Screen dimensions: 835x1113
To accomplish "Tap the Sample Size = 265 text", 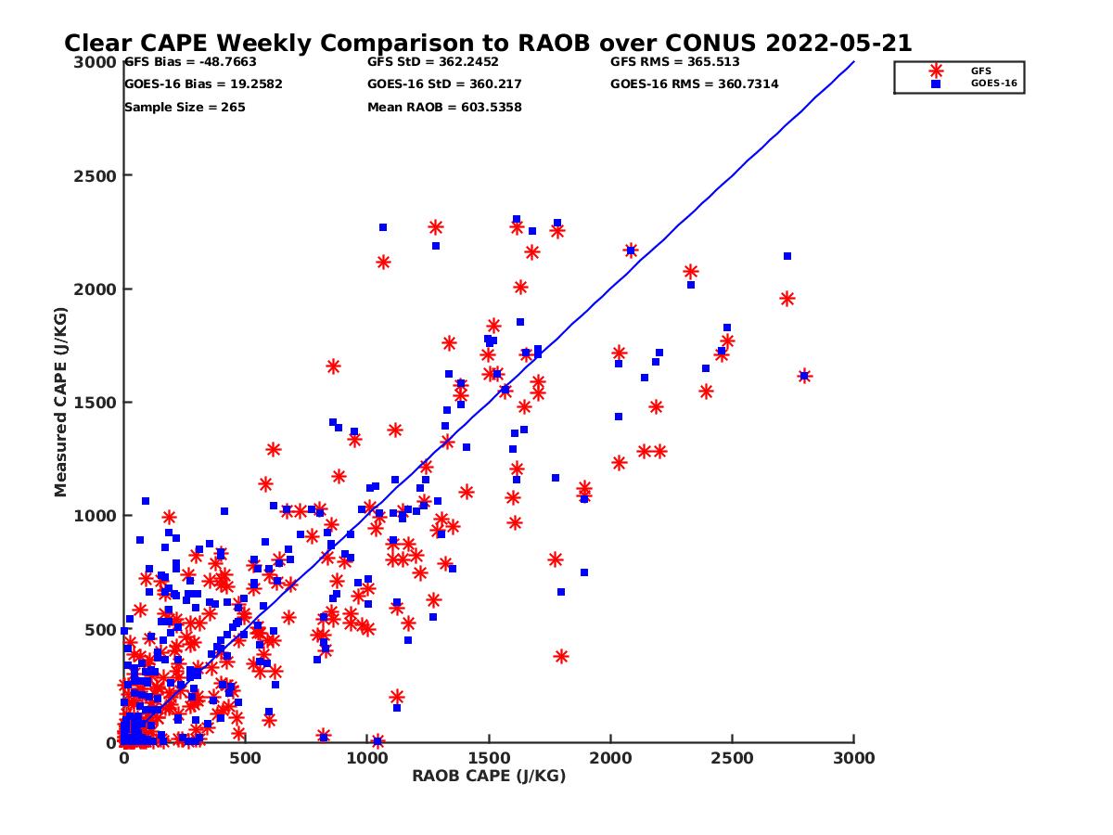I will coord(185,108).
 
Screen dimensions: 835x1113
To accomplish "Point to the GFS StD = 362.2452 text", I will coord(433,62).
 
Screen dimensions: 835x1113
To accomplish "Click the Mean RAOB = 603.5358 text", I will coord(444,108).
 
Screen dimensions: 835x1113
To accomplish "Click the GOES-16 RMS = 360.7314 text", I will coord(694,84).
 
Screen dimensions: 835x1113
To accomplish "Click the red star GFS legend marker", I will coord(936,71).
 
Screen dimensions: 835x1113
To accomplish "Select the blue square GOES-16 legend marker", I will coord(936,83).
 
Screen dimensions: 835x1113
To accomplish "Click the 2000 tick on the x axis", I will coord(610,758).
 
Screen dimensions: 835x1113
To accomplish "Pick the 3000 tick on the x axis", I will coord(853,758).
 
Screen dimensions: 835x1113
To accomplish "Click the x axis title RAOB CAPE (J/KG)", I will coord(489,777).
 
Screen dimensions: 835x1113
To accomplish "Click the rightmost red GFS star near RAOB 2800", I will coord(804,376).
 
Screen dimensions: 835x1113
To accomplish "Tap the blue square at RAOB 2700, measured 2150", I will coord(787,256).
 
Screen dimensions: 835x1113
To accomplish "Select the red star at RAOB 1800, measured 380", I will coord(561,656).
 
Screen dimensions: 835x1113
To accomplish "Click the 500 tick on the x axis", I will coord(246,758).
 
